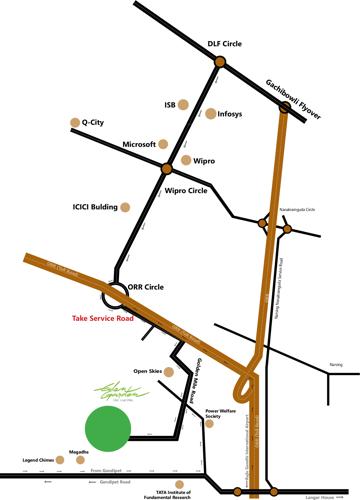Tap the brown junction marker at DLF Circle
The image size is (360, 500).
[x=219, y=62]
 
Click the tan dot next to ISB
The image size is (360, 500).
[x=187, y=104]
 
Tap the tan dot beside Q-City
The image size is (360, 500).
[x=74, y=123]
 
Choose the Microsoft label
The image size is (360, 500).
[x=139, y=144]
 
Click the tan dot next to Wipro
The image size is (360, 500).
[x=184, y=160]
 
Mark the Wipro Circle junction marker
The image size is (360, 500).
[x=167, y=166]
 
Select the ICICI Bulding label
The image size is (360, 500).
[x=98, y=208]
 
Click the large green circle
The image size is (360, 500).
[x=108, y=428]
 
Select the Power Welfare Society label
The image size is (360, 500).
[x=221, y=414]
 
